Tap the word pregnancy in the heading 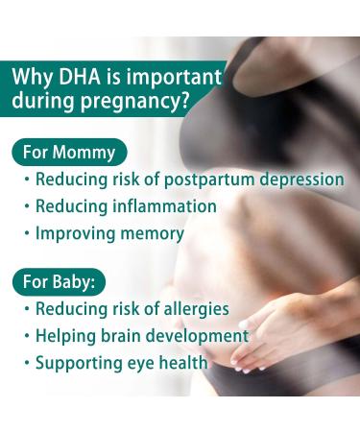pyautogui.click(x=132, y=102)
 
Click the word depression pyautogui.click(x=299, y=180)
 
